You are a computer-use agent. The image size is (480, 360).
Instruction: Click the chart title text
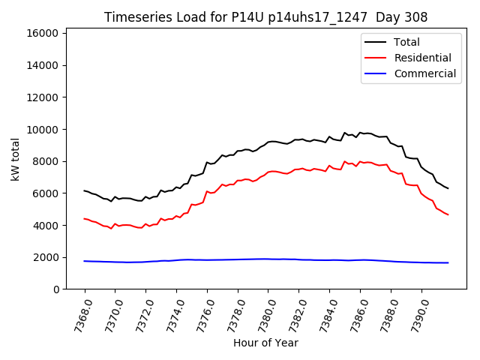pyautogui.click(x=266, y=17)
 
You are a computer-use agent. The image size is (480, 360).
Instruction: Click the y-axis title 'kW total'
pyautogui.click(x=15, y=159)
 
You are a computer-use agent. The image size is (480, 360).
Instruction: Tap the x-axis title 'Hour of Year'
pyautogui.click(x=265, y=343)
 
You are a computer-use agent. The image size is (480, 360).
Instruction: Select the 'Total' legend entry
pyautogui.click(x=406, y=42)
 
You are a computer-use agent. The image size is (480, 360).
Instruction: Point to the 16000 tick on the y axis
pyautogui.click(x=43, y=33)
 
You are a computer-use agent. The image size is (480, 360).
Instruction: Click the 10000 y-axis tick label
pyautogui.click(x=43, y=129)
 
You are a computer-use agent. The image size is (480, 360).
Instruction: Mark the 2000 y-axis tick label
pyautogui.click(x=46, y=257)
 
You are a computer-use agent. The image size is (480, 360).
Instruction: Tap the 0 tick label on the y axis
pyautogui.click(x=55, y=289)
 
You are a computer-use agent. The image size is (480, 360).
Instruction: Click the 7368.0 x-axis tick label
pyautogui.click(x=80, y=313)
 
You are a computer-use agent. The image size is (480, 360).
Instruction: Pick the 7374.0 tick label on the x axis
pyautogui.click(x=172, y=313)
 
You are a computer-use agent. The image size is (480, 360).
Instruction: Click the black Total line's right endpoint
pyautogui.click(x=448, y=188)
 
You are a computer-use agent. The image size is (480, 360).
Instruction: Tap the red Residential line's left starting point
pyautogui.click(x=84, y=219)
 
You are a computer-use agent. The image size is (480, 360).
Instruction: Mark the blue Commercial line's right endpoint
pyautogui.click(x=448, y=262)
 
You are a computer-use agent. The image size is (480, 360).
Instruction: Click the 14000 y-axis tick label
pyautogui.click(x=43, y=65)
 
